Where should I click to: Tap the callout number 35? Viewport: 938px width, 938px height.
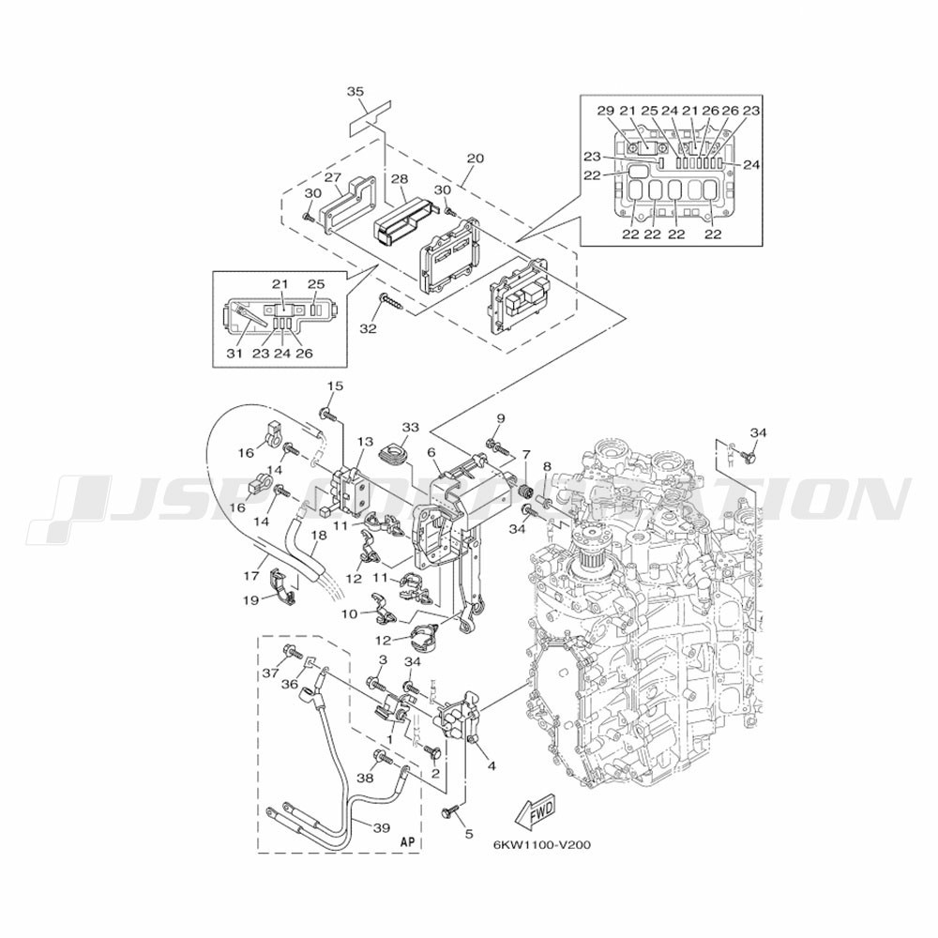(356, 92)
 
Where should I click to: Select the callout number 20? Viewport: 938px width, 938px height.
(476, 159)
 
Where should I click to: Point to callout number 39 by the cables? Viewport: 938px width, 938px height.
(382, 828)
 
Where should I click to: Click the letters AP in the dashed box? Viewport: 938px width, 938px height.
(407, 840)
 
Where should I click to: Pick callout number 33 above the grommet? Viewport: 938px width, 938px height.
(411, 428)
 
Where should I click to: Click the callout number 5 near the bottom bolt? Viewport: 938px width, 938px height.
(469, 833)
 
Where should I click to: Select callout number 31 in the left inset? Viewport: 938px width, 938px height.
(234, 353)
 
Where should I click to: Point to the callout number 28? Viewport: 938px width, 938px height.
(400, 179)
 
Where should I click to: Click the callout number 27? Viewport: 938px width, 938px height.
(332, 177)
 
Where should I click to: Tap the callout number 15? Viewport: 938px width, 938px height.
(335, 386)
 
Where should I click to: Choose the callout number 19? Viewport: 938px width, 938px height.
(250, 599)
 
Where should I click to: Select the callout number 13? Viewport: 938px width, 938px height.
(365, 442)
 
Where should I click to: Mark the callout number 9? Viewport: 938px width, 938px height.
(501, 418)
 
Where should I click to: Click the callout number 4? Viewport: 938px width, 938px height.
(491, 765)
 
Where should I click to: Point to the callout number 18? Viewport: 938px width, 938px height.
(320, 536)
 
